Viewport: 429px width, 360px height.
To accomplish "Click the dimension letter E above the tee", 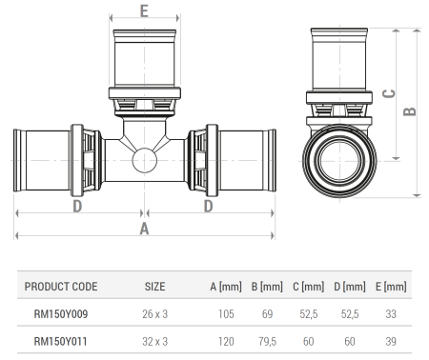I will point(143,11).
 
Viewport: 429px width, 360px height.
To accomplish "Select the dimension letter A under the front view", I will point(144,229).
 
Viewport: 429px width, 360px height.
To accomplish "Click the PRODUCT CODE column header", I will point(61,286).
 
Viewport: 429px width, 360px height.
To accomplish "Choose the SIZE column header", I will point(155,286).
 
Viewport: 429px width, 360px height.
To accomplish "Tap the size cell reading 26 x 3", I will point(155,312).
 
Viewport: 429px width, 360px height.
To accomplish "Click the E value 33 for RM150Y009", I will point(391,312).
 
